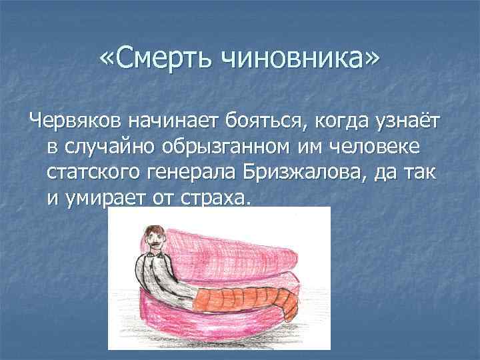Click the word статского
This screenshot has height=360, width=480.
point(90,173)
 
